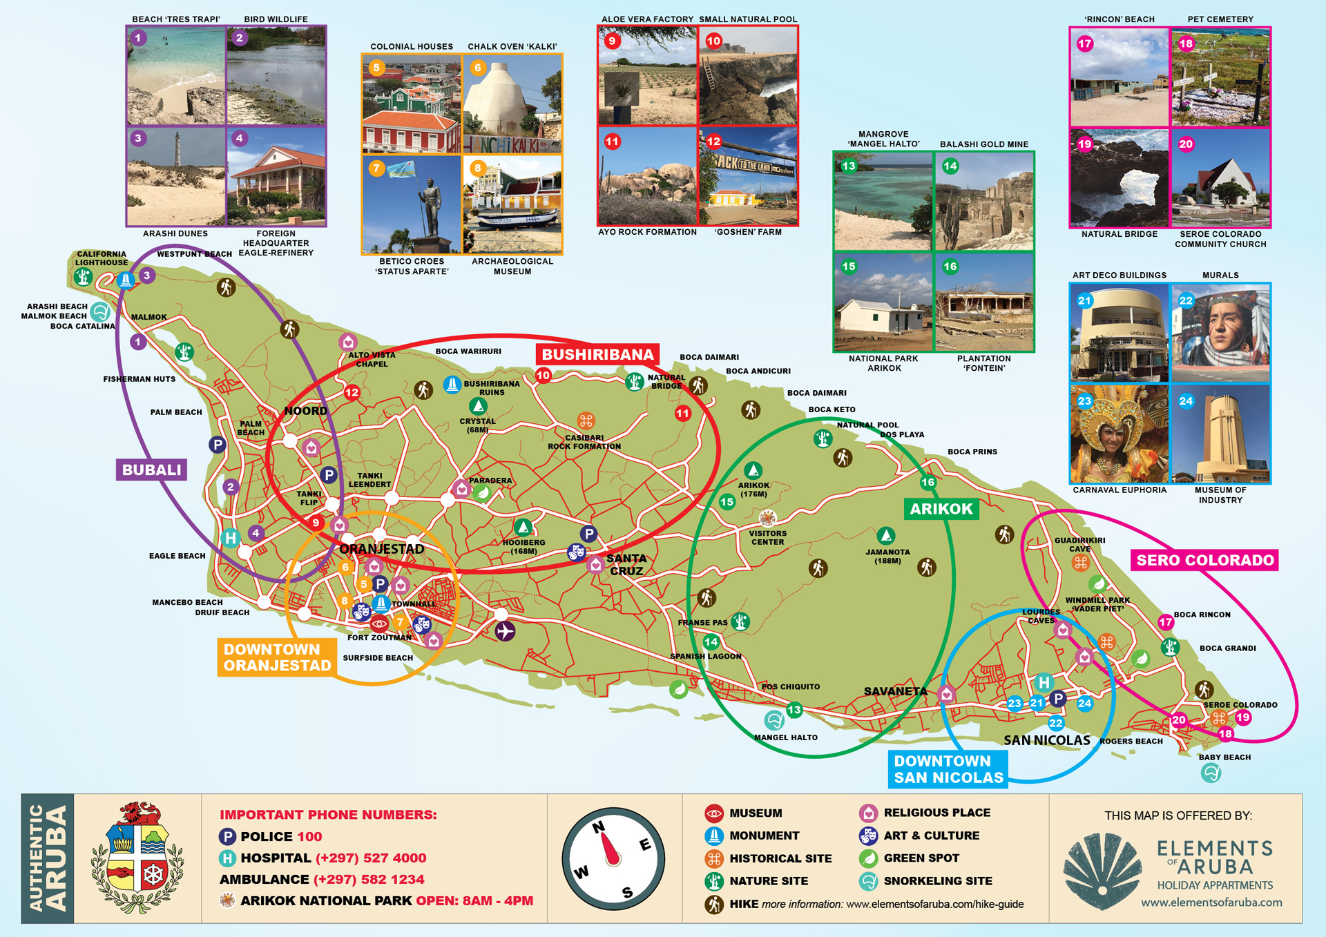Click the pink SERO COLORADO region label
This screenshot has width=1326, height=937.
pyautogui.click(x=1204, y=560)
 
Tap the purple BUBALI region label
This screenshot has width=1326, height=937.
pyautogui.click(x=151, y=470)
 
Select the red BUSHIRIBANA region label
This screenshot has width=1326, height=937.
pyautogui.click(x=597, y=354)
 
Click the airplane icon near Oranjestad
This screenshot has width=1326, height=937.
pyautogui.click(x=505, y=631)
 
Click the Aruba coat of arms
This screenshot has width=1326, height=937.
pyautogui.click(x=137, y=858)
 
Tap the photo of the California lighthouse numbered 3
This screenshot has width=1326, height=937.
pyautogui.click(x=177, y=176)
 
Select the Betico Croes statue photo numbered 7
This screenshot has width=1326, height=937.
pyautogui.click(x=412, y=204)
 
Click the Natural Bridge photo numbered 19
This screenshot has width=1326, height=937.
pyautogui.click(x=1120, y=177)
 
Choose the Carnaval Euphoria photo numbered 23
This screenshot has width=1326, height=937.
pyautogui.click(x=1120, y=434)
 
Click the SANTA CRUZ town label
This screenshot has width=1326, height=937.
pyautogui.click(x=626, y=564)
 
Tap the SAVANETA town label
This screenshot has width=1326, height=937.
pyautogui.click(x=896, y=691)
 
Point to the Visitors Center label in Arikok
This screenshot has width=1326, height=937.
pyautogui.click(x=768, y=537)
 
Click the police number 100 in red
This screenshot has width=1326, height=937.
pyautogui.click(x=309, y=836)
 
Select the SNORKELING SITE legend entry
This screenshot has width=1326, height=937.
pyautogui.click(x=937, y=880)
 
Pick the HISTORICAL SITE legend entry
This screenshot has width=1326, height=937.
pyautogui.click(x=780, y=858)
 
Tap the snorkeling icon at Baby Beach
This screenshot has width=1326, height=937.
pyautogui.click(x=1211, y=773)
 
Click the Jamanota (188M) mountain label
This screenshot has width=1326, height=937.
pyautogui.click(x=887, y=556)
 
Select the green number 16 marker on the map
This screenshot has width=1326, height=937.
pyautogui.click(x=928, y=483)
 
